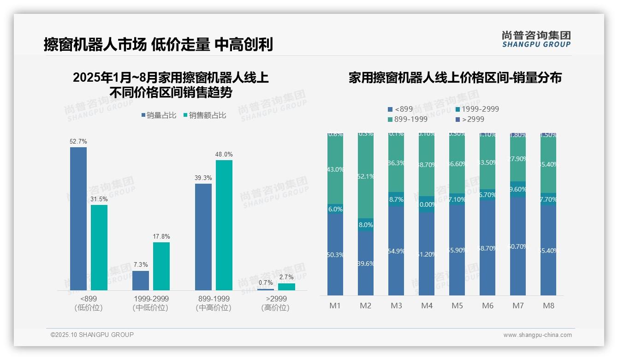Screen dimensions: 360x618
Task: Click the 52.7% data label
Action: click(x=78, y=141)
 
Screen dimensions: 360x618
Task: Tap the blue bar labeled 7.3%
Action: click(x=141, y=280)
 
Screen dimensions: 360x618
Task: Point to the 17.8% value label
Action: click(x=161, y=237)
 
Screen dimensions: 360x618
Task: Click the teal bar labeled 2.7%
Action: click(x=286, y=287)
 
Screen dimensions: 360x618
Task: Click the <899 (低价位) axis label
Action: click(x=89, y=303)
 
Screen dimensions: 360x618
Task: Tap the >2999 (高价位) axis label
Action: click(x=275, y=303)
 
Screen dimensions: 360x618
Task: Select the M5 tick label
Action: click(x=457, y=306)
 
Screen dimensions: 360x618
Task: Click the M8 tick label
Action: click(x=548, y=306)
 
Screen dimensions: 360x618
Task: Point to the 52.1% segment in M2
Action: click(x=366, y=176)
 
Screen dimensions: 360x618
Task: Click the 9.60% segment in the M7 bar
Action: click(x=518, y=189)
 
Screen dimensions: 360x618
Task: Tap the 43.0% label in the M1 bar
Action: click(x=335, y=169)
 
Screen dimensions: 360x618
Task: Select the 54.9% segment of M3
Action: click(x=396, y=251)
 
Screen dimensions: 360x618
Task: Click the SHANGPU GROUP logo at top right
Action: click(x=536, y=39)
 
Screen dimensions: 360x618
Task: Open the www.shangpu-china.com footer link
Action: click(x=537, y=335)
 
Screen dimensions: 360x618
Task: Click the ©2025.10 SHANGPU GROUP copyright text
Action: click(x=92, y=335)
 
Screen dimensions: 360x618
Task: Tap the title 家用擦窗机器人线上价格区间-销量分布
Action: click(x=455, y=78)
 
